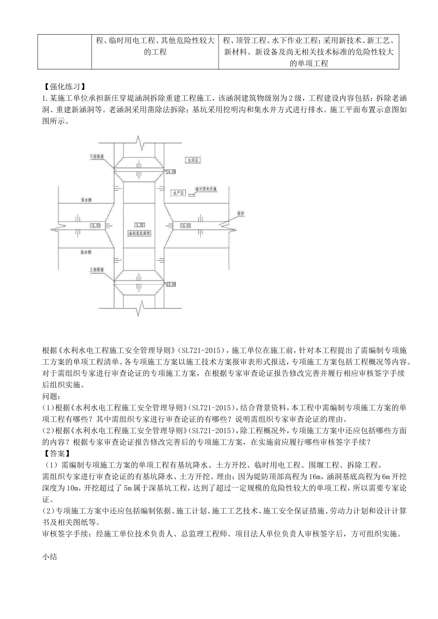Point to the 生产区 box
click(177, 193)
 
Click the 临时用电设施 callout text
click(205, 189)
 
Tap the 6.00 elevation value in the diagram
click(140, 225)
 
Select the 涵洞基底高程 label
click(140, 234)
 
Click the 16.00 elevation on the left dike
click(96, 226)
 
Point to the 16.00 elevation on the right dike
click(185, 226)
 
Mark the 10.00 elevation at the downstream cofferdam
click(170, 171)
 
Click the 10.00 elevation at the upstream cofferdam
click(170, 284)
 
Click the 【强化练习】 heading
click(64, 87)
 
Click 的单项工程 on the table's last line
click(309, 64)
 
